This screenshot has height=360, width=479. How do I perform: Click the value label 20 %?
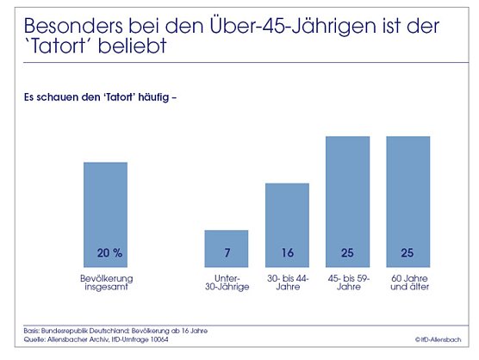(x=105, y=253)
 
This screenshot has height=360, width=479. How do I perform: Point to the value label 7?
(x=226, y=253)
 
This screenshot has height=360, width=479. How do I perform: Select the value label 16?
(x=287, y=253)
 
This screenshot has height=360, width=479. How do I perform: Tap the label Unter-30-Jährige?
(x=227, y=282)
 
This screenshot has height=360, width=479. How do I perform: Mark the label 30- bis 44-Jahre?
(x=287, y=282)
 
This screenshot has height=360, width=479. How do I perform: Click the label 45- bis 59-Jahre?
(x=348, y=282)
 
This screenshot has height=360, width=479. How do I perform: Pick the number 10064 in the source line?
(x=175, y=339)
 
